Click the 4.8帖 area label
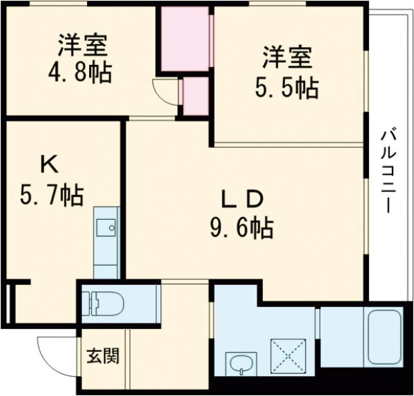pyautogui.click(x=82, y=72)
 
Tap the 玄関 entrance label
pyautogui.click(x=102, y=357)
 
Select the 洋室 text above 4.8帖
pyautogui.click(x=82, y=45)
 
